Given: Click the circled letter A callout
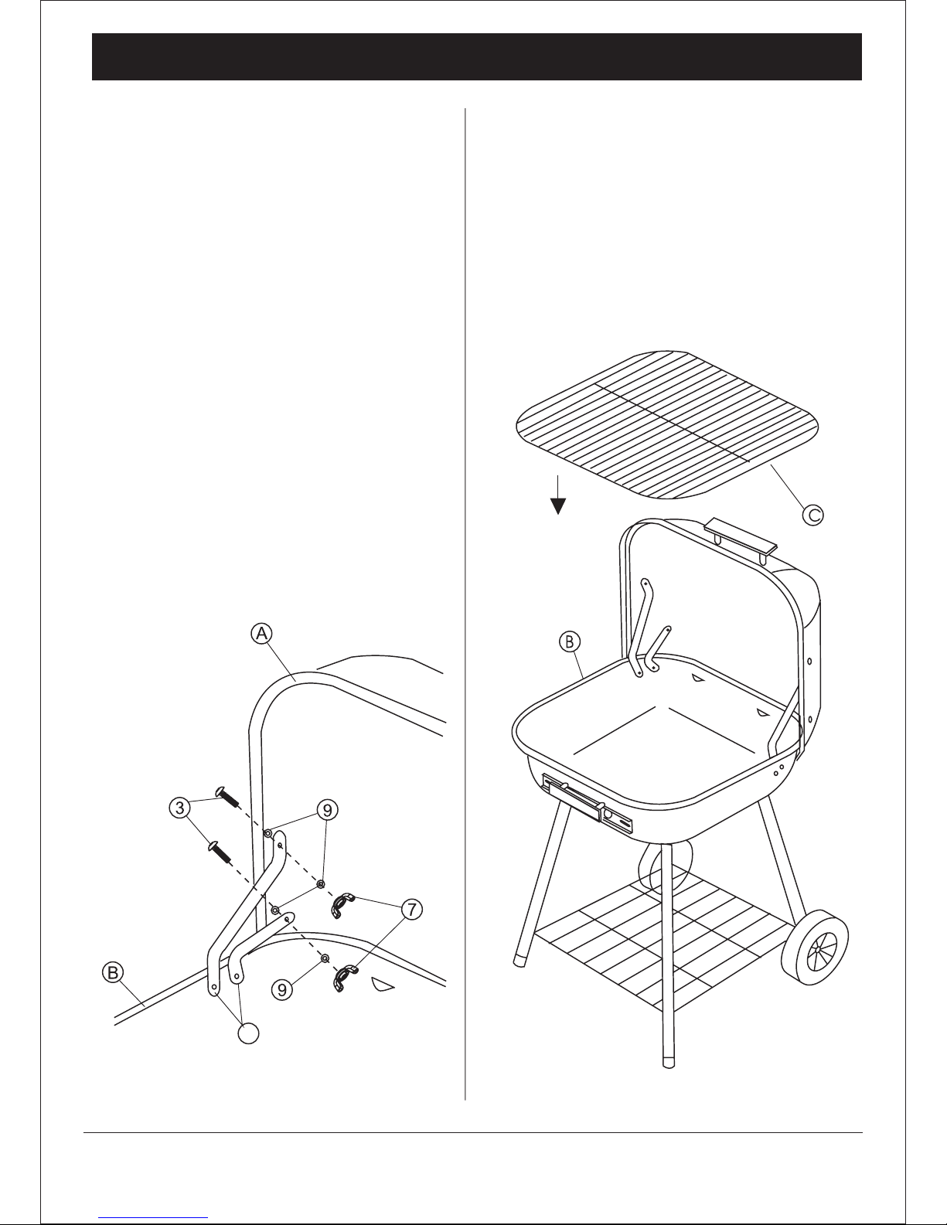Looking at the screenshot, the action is [261, 633].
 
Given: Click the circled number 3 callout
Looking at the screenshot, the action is [180, 808].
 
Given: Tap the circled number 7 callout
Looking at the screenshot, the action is [412, 909].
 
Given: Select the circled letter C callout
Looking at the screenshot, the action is [812, 515].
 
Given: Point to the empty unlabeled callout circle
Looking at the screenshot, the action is [249, 1033].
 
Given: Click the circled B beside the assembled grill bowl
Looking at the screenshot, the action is [569, 641].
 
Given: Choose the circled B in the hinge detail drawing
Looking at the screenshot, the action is [113, 972].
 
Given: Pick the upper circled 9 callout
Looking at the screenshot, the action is [328, 809].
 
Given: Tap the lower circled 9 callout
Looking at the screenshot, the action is [282, 989].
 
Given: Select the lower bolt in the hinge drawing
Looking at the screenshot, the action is [219, 852].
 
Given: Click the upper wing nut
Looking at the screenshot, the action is [342, 905].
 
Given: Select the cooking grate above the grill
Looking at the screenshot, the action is [667, 424].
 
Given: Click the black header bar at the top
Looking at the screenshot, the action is [477, 56].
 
